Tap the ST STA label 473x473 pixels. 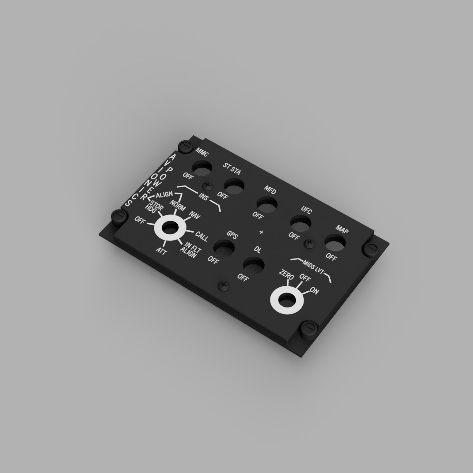tap(232, 169)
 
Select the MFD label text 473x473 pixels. tap(270, 190)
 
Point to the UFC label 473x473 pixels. tap(306, 210)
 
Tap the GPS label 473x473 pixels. tap(232, 235)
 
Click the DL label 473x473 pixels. tap(257, 250)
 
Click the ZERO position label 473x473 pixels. tap(287, 275)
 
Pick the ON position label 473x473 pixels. tap(314, 291)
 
